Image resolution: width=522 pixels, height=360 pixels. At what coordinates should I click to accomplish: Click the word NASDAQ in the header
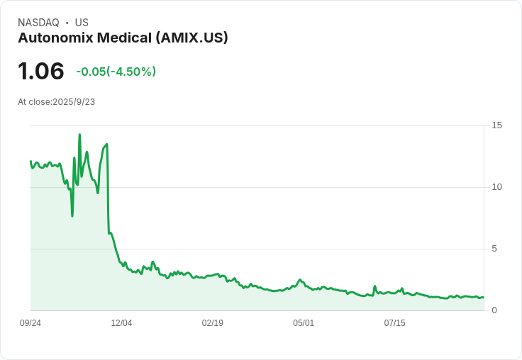(38, 23)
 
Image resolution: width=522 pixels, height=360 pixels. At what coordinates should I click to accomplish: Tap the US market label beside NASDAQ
(82, 23)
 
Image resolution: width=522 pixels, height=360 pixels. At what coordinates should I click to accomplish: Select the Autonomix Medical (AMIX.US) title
(123, 38)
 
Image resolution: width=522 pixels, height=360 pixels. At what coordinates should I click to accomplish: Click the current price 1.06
(41, 71)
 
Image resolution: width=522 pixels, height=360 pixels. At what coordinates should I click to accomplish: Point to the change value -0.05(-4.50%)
(116, 72)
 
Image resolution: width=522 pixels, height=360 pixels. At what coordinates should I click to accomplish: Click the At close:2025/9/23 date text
(56, 102)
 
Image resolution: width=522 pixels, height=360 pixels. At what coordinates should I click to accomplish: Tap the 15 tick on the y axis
(496, 125)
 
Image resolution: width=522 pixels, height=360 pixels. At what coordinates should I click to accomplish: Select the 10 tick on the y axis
(496, 187)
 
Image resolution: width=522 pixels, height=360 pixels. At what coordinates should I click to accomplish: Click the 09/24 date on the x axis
(30, 323)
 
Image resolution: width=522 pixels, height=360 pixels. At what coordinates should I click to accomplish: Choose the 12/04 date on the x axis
(121, 323)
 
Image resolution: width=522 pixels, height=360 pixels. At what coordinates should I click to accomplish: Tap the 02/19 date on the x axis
(213, 323)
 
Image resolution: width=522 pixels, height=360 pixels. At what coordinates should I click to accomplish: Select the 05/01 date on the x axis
(304, 323)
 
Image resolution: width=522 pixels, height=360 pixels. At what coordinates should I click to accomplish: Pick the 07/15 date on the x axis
(394, 323)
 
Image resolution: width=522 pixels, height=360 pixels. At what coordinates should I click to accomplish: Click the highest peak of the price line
(79, 135)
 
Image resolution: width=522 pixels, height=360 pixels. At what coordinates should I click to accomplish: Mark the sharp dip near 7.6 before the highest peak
(72, 215)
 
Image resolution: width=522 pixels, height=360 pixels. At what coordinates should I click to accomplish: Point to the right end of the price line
(484, 298)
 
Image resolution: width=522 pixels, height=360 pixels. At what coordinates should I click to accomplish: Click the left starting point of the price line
(30, 162)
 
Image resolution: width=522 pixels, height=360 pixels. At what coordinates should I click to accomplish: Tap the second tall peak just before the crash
(106, 145)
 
